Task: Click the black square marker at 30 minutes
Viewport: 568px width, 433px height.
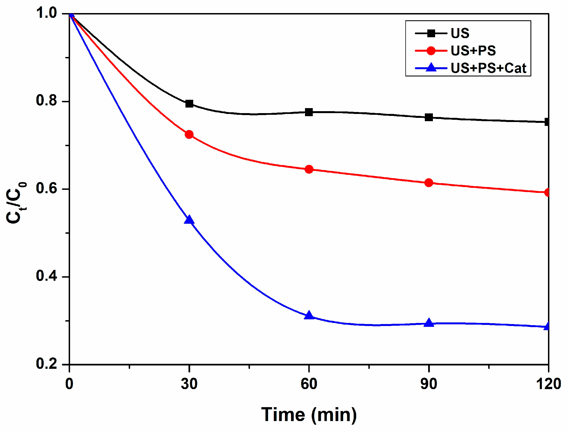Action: click(x=189, y=104)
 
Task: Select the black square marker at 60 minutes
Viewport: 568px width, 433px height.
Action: click(x=309, y=112)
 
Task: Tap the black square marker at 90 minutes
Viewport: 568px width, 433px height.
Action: click(x=429, y=117)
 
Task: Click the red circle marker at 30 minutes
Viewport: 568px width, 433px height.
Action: click(x=189, y=135)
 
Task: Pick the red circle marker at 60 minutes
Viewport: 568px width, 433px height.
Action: click(x=309, y=169)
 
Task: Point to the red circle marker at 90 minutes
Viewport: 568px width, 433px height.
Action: click(x=429, y=183)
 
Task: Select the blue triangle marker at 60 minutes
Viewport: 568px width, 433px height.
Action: click(x=309, y=315)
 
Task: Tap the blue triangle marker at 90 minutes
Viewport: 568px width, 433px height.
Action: click(x=429, y=323)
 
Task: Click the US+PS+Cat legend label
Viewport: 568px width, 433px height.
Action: click(x=488, y=68)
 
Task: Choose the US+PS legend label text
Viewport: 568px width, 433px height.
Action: click(x=473, y=51)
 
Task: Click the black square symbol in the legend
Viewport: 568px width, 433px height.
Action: click(x=431, y=33)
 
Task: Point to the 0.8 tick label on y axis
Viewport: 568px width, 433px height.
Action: click(x=46, y=100)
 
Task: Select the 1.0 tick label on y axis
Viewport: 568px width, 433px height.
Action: click(x=46, y=13)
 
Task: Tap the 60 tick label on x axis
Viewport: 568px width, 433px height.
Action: click(x=309, y=384)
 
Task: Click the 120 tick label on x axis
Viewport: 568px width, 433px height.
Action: click(x=548, y=384)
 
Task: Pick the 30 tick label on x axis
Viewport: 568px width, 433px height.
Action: click(x=189, y=384)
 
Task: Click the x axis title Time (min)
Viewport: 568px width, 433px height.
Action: click(x=309, y=415)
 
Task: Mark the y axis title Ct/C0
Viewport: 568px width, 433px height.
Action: click(x=16, y=203)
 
